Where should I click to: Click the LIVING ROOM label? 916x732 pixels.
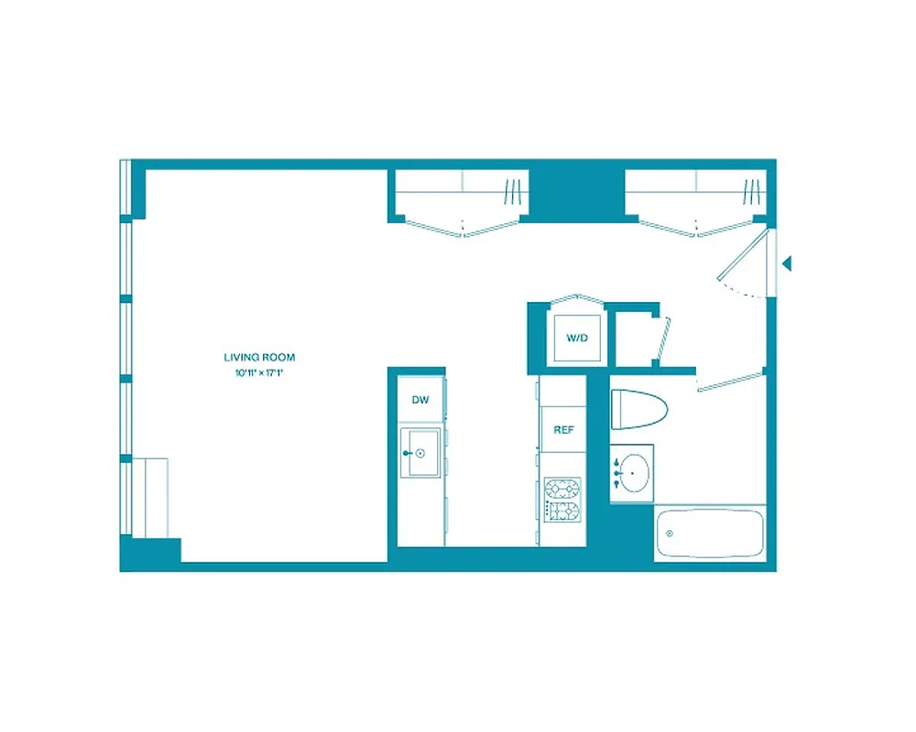click(259, 358)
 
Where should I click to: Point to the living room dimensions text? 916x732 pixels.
click(259, 372)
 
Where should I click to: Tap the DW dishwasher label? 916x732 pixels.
click(420, 400)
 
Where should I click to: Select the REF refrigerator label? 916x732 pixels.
click(562, 429)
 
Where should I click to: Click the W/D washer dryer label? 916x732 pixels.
click(575, 338)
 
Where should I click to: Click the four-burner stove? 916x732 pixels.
click(562, 500)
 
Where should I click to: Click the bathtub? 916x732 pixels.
click(710, 533)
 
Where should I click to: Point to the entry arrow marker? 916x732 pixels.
click(786, 264)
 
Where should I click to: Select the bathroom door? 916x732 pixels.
click(730, 381)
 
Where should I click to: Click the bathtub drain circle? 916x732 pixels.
click(670, 533)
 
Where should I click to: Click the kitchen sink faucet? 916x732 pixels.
click(409, 453)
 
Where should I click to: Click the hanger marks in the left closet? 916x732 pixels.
click(512, 192)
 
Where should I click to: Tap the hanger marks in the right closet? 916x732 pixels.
click(752, 192)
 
